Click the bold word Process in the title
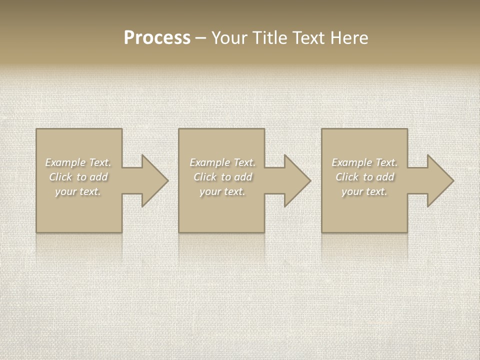point(157,38)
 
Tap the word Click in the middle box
point(204,177)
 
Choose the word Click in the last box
point(346,177)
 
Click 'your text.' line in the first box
point(78,191)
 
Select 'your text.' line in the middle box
point(222,191)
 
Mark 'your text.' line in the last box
point(364,191)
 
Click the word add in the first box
point(99,177)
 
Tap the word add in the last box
point(385,177)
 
